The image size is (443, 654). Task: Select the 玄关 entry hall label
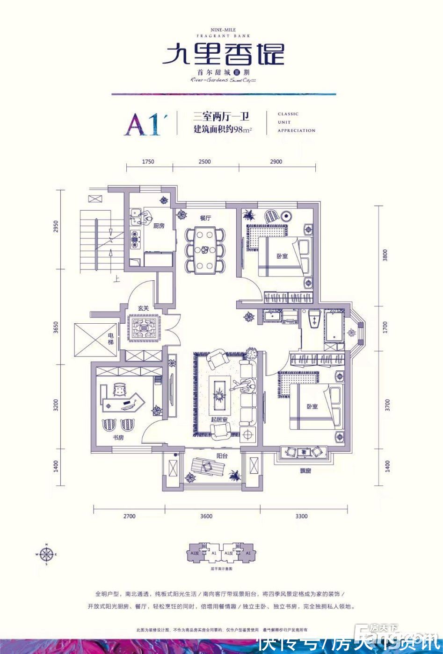coord(143,308)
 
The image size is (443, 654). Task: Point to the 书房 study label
coord(118,438)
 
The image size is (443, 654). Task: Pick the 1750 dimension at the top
coord(148,162)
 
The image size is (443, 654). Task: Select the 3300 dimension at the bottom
coord(302,516)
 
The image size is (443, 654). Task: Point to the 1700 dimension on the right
coord(385,327)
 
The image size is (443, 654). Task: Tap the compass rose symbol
coord(46,554)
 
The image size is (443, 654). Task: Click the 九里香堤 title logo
coord(223,54)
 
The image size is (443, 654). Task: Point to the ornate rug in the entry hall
coord(144,329)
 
